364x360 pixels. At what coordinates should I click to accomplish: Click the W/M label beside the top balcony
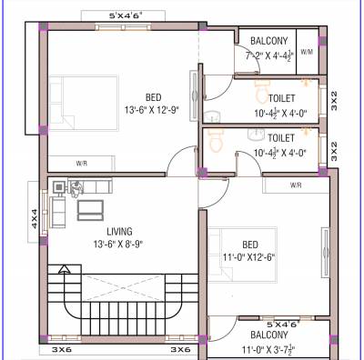click(306, 53)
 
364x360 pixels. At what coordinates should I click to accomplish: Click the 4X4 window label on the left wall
click(33, 220)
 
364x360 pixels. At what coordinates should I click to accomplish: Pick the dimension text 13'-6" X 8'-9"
click(117, 245)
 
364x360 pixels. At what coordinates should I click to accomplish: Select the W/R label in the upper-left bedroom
click(81, 164)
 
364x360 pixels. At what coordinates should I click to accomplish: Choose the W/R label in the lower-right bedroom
click(295, 185)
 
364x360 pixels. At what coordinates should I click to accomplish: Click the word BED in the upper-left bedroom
click(156, 97)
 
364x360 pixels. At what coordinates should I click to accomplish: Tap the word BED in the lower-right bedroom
click(250, 244)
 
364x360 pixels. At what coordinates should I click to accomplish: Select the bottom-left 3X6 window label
click(62, 349)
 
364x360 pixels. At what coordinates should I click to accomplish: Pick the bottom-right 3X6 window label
click(180, 349)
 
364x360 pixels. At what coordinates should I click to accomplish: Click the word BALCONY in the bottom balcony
click(263, 335)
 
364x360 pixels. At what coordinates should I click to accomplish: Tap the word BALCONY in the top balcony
click(268, 41)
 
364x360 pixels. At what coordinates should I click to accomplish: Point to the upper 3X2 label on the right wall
click(334, 100)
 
